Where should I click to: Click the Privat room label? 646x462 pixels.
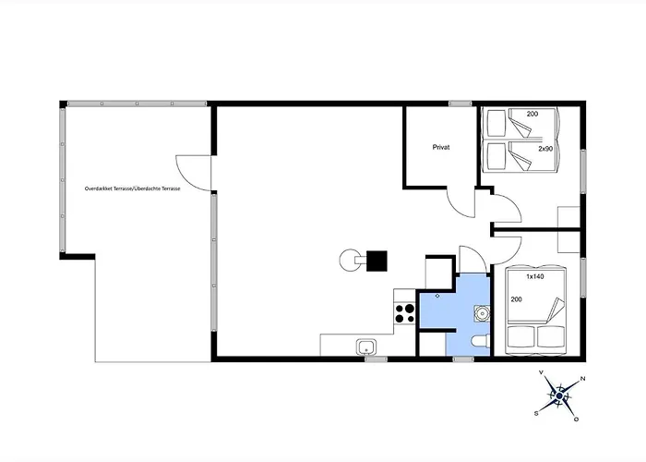[441, 147]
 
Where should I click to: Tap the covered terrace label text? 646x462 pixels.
[132, 188]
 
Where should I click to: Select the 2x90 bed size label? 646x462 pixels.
[545, 149]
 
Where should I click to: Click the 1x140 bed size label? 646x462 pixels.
[534, 277]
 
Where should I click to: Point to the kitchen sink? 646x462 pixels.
[366, 346]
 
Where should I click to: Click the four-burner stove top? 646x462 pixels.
[404, 313]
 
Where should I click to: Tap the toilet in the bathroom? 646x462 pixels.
[480, 342]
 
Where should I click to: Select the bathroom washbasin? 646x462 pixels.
[482, 313]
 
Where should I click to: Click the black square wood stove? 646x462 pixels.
[377, 261]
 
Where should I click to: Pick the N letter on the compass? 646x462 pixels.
[582, 378]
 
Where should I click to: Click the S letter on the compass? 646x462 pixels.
[536, 413]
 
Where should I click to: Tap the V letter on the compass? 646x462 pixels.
[541, 372]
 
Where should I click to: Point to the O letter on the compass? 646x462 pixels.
[577, 419]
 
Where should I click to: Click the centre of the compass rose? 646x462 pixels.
[559, 396]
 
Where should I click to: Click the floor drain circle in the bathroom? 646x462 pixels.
[437, 296]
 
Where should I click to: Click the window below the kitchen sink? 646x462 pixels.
[377, 359]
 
